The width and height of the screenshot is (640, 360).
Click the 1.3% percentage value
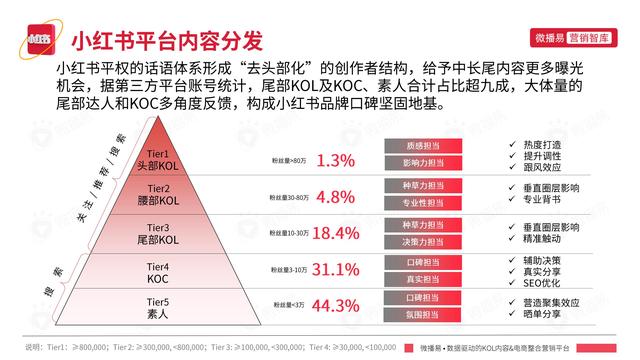tap(335, 160)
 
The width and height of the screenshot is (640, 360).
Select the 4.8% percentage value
tap(335, 196)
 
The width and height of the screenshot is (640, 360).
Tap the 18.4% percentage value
tap(335, 233)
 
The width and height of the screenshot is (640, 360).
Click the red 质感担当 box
tap(421, 145)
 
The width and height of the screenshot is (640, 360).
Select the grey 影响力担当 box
tap(421, 162)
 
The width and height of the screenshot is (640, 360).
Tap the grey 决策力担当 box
tap(421, 241)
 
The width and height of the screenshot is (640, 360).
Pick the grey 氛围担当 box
tap(421, 315)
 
